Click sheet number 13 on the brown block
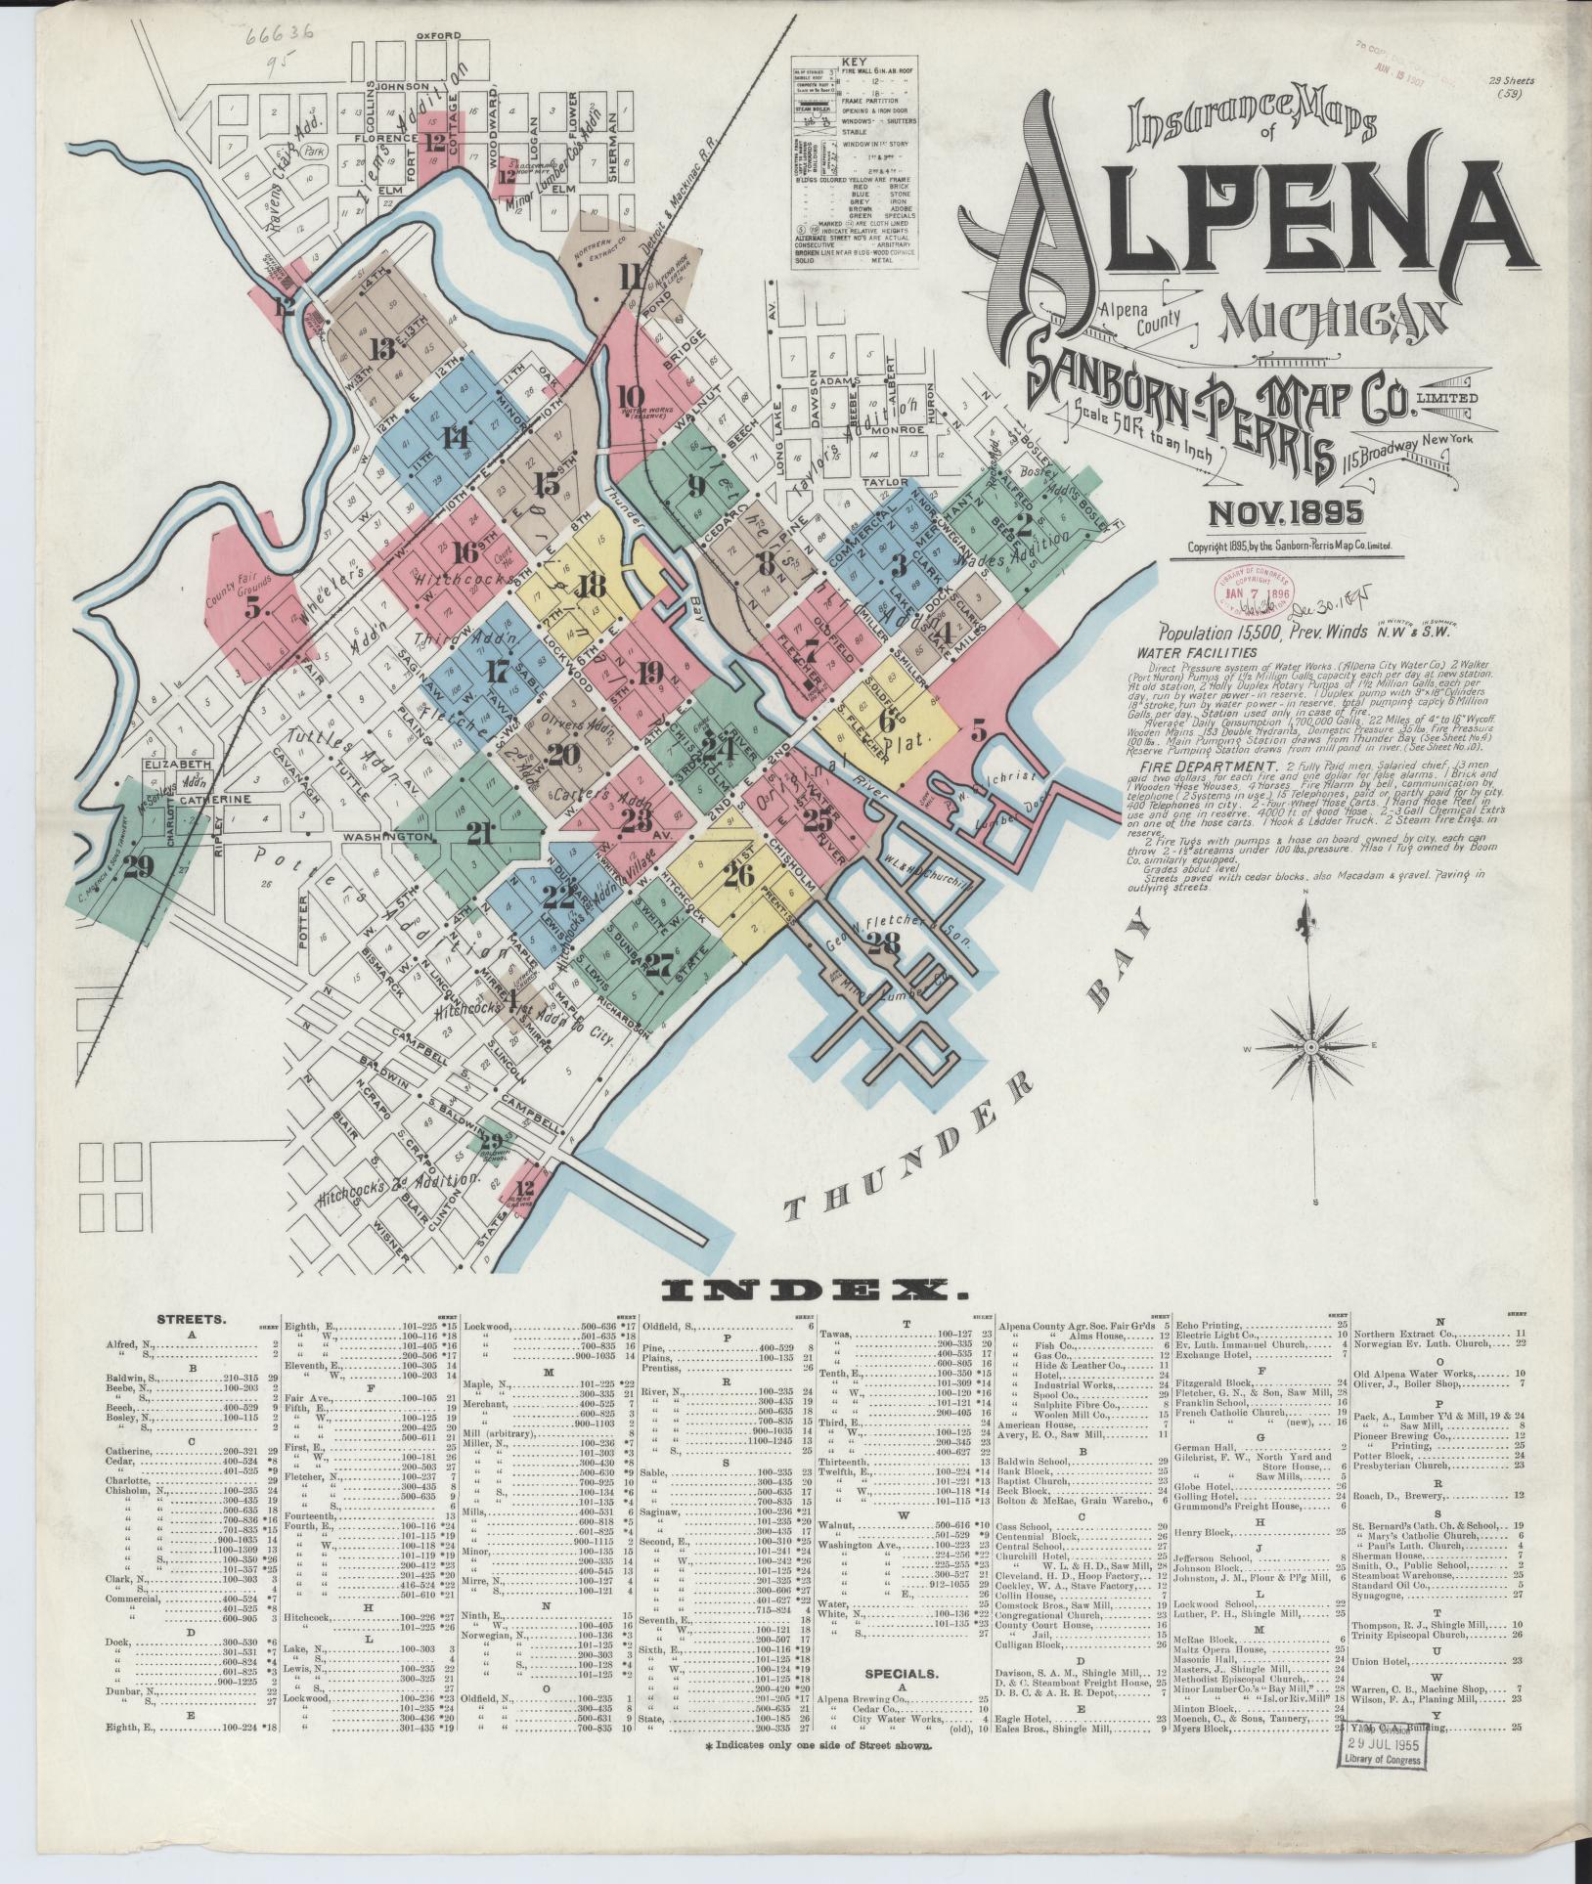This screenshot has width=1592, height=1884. [382, 349]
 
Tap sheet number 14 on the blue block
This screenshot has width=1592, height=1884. [454, 437]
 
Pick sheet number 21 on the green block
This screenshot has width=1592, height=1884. [479, 833]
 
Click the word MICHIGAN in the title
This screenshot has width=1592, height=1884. [1332, 321]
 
